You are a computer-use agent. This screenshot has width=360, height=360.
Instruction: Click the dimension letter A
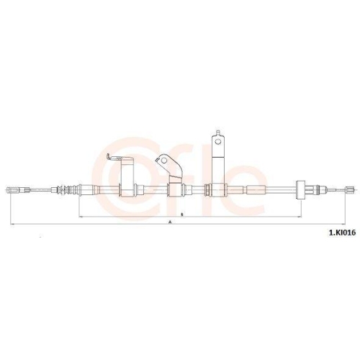tap(171, 223)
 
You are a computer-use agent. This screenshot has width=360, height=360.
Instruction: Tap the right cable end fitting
tap(350, 191)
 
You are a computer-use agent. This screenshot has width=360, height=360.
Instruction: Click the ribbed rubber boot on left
tap(69, 191)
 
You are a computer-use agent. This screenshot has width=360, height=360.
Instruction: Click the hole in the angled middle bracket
tap(167, 161)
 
